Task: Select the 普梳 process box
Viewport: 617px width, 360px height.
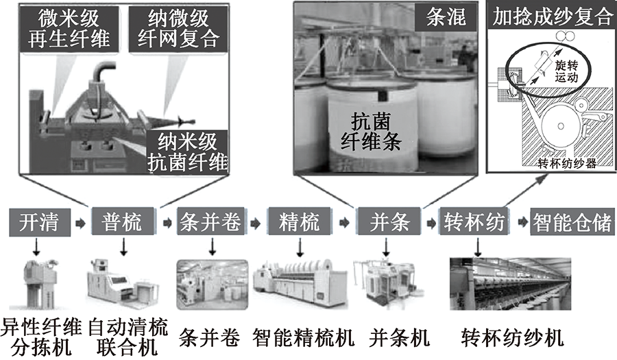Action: coord(121,221)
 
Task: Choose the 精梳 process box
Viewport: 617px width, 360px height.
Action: coord(300,221)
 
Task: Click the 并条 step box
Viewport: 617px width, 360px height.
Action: coord(388,221)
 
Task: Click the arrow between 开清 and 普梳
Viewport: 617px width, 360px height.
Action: coord(80,222)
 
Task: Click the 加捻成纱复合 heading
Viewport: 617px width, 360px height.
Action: coord(552,17)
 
